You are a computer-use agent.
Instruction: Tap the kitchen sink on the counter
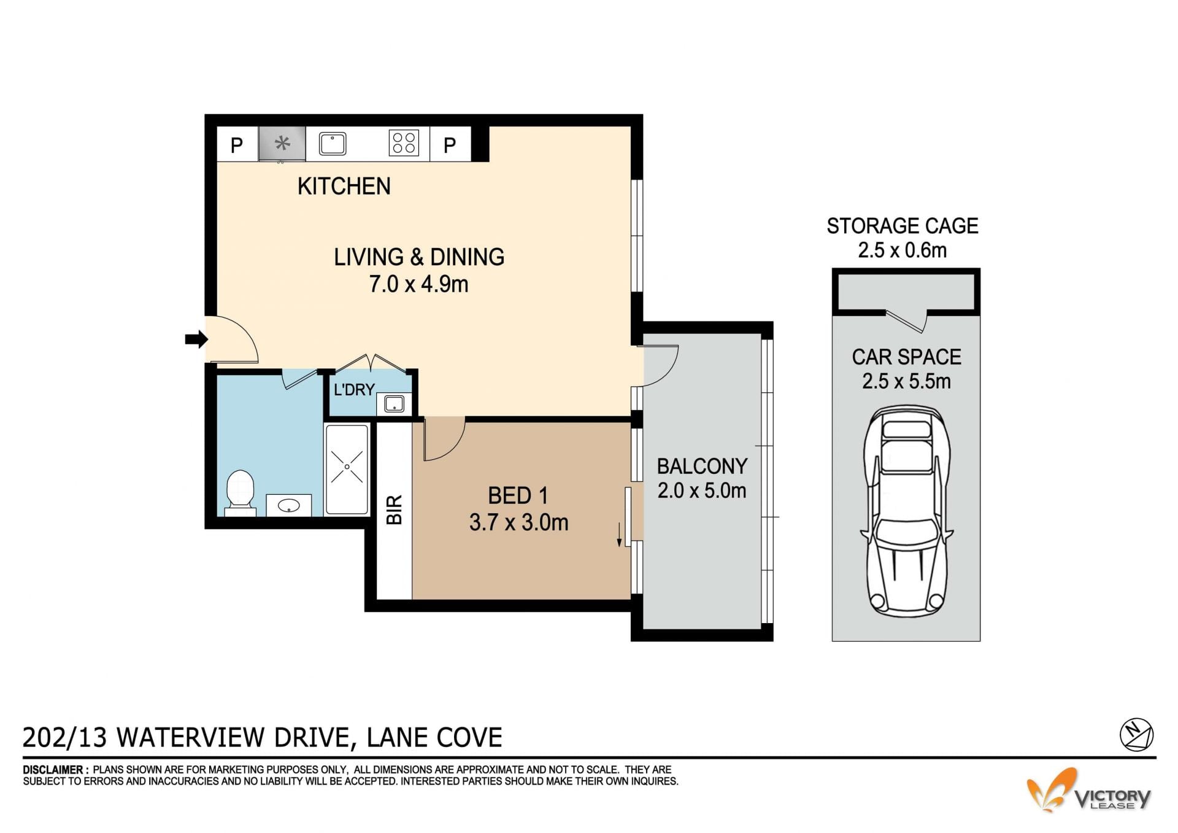(333, 144)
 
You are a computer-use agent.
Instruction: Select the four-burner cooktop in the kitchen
(404, 144)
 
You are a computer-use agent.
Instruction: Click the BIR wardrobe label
(395, 509)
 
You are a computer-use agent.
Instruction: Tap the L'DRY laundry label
(354, 389)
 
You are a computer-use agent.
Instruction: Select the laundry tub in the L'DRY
(393, 404)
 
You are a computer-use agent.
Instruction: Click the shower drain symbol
(347, 467)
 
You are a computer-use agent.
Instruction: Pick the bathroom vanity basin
(288, 506)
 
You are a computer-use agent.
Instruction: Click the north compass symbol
(1136, 735)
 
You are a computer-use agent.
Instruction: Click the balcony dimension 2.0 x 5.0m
(702, 491)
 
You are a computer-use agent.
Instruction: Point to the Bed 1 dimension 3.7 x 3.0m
(518, 522)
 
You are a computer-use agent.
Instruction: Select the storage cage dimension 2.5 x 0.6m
(902, 250)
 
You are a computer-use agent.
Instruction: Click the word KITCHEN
(344, 186)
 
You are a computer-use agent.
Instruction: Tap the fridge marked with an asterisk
(282, 144)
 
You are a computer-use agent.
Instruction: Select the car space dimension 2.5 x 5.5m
(906, 381)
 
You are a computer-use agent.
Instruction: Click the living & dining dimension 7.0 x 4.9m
(418, 284)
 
